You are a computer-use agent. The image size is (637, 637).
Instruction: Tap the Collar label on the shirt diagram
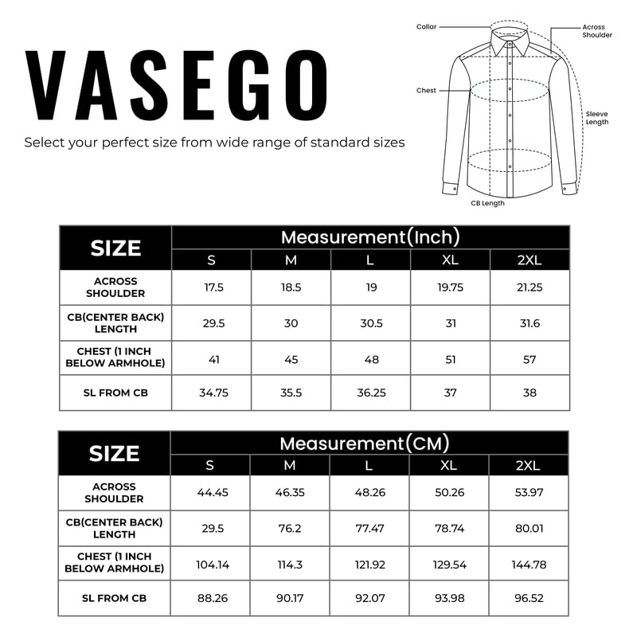tap(426, 27)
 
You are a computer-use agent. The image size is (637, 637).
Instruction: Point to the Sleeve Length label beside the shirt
tap(597, 118)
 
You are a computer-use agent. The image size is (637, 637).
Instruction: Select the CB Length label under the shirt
tap(487, 203)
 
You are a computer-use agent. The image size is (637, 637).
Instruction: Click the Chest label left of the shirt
tap(426, 91)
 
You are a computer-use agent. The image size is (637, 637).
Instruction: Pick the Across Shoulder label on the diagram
tap(597, 31)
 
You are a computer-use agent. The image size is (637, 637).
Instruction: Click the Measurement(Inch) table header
tap(370, 236)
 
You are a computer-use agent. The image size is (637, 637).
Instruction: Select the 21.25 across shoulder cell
tap(530, 287)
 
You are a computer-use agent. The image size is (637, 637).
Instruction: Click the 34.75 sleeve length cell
tap(211, 393)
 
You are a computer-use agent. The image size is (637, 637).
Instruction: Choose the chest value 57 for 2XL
tap(530, 359)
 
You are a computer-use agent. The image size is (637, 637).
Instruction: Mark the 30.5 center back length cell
tap(370, 323)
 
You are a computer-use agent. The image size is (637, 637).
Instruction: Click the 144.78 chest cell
tap(529, 565)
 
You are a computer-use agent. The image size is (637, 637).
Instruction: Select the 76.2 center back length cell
tap(290, 528)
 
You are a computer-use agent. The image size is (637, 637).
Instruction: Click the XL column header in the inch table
tap(450, 260)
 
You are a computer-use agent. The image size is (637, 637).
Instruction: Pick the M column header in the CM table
tap(290, 466)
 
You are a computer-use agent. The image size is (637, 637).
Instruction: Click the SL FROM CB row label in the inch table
tap(115, 393)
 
